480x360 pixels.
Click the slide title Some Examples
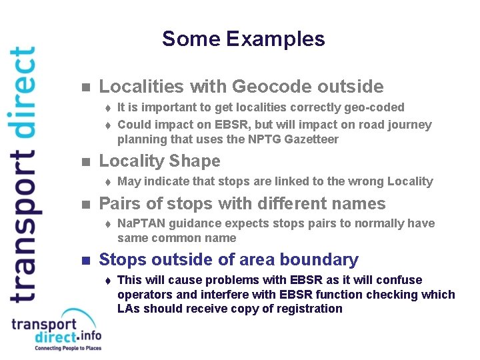(x=243, y=39)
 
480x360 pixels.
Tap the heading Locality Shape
(x=159, y=161)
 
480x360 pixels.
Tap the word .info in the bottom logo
(x=88, y=337)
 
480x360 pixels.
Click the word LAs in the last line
(x=129, y=309)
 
